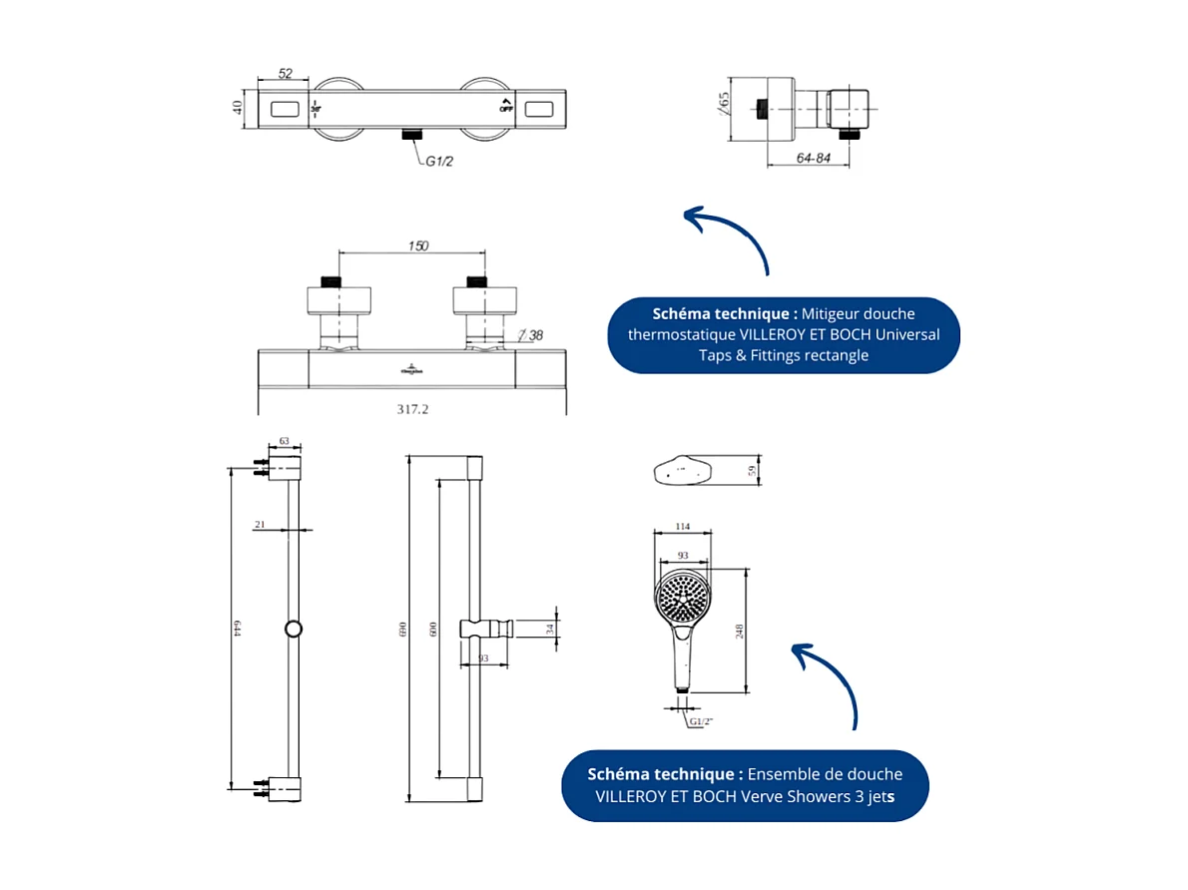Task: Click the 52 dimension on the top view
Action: [285, 73]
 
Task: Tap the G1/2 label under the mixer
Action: [440, 162]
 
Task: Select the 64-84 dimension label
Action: [814, 159]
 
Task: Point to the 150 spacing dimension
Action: [418, 245]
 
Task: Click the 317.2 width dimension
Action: [412, 408]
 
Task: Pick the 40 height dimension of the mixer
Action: [239, 107]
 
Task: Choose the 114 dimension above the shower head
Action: [682, 527]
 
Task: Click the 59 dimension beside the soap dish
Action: [753, 471]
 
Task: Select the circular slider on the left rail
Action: [294, 629]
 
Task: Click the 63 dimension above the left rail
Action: [285, 440]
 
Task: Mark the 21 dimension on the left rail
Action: [260, 524]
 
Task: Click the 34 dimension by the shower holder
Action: [550, 629]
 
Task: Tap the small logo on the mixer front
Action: [412, 368]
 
